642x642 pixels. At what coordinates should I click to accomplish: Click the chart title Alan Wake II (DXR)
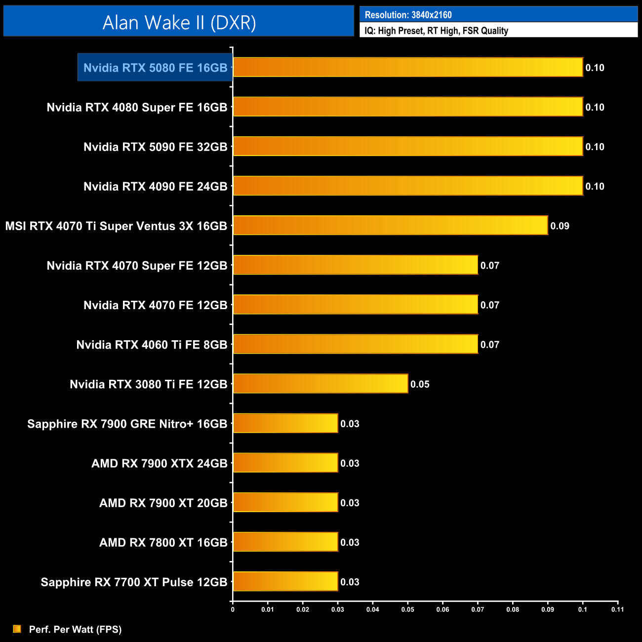[179, 23]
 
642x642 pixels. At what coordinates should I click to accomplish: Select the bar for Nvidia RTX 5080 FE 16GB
[407, 67]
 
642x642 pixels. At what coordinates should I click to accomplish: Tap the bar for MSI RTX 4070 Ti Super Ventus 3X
[390, 225]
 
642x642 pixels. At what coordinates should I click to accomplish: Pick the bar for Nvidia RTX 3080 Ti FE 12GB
[320, 384]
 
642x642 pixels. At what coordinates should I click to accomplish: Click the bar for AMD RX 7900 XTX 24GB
[285, 463]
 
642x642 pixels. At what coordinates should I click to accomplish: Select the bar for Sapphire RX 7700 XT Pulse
[285, 581]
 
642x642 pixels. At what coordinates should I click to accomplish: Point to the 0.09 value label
[560, 226]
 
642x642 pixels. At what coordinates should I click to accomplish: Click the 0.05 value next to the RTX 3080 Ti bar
[420, 384]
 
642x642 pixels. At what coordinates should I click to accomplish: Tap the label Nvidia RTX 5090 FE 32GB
[155, 147]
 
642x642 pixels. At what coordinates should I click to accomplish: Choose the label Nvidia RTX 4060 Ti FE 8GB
[152, 345]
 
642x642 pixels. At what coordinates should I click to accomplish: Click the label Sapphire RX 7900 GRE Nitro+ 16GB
[127, 424]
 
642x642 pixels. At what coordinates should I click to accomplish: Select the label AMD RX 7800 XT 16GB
[163, 542]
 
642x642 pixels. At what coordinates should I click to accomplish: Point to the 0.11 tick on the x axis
[617, 609]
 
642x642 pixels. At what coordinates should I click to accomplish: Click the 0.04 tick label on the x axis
[372, 609]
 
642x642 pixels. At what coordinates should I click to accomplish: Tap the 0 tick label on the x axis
[233, 609]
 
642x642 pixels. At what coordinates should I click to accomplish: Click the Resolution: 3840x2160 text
[408, 15]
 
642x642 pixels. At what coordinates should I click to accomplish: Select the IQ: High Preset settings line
[436, 31]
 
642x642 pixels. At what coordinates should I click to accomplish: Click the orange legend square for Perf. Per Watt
[17, 629]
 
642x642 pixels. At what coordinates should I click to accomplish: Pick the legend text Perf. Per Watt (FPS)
[75, 629]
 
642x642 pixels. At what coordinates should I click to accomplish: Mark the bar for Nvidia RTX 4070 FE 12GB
[355, 305]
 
